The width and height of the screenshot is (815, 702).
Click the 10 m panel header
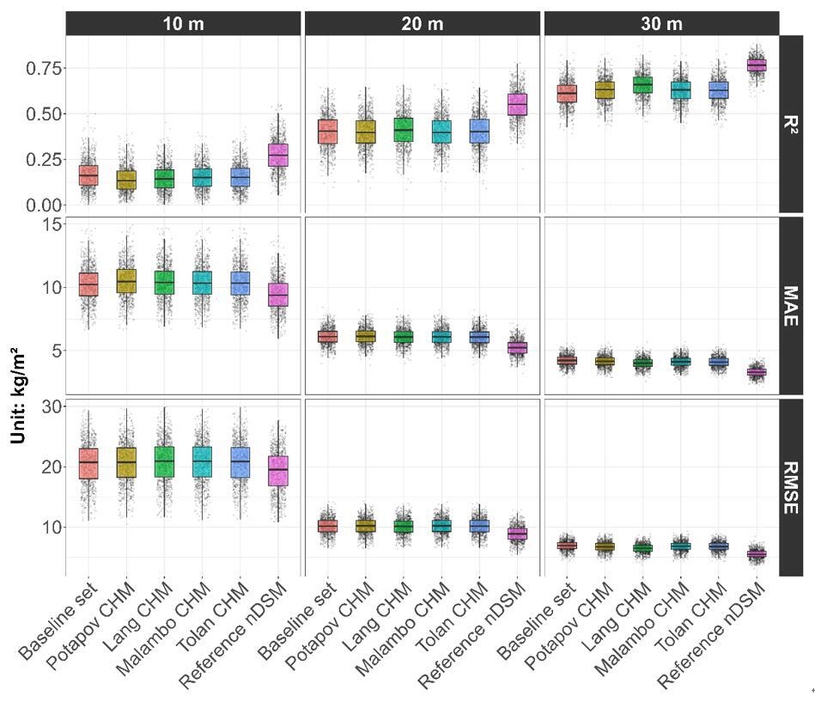[183, 23]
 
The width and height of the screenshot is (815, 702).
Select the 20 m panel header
[422, 23]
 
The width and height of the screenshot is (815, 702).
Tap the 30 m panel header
[660, 23]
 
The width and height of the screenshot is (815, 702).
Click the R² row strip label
[790, 124]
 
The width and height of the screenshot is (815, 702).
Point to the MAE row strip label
[790, 306]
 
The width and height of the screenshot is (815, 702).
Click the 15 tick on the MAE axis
[50, 223]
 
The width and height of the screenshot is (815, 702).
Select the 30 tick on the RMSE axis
[50, 406]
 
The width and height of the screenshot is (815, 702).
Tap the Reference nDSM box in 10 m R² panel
[277, 155]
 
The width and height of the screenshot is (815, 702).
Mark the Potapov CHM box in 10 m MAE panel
[125, 281]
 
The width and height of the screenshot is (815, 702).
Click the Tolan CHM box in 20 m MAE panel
[478, 337]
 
